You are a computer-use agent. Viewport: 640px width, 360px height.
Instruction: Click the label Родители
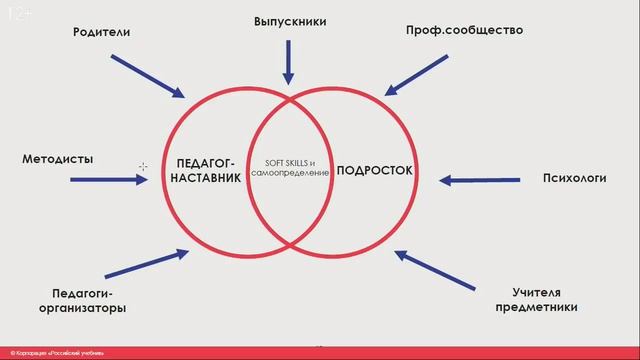[102, 32]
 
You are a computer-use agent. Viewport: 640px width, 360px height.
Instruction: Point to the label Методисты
[58, 158]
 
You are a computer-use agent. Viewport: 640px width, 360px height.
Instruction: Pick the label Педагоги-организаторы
[88, 300]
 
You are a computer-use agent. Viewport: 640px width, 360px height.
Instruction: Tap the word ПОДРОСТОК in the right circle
[375, 171]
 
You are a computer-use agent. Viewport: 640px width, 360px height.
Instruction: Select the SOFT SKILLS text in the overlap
[289, 163]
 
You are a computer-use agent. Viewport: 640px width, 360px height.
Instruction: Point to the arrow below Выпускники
[289, 63]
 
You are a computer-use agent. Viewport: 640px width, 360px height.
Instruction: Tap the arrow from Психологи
[480, 180]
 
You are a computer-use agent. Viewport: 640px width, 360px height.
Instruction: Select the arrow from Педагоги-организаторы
[146, 264]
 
